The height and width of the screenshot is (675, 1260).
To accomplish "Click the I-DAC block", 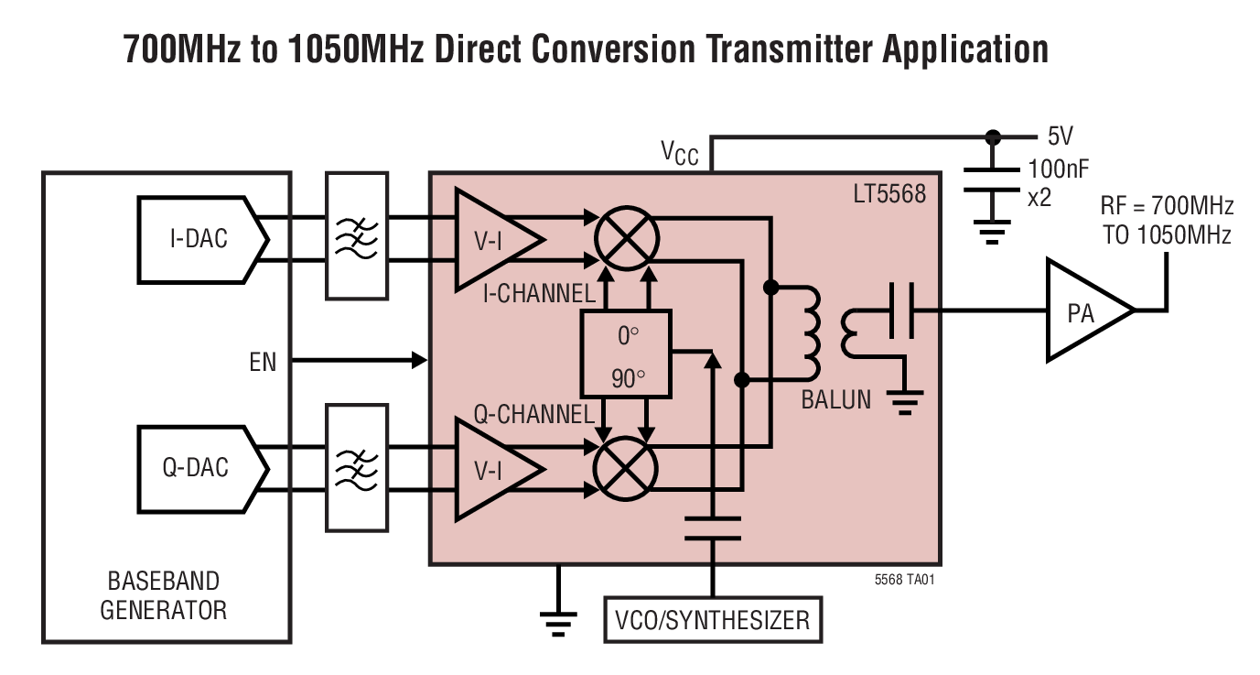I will tap(199, 238).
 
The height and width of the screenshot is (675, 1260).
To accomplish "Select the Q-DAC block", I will tap(199, 467).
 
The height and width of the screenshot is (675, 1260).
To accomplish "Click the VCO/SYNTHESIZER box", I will tap(712, 620).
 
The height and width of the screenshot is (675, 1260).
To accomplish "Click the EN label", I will tap(263, 362).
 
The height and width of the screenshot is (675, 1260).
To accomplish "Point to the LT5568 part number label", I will tap(896, 194).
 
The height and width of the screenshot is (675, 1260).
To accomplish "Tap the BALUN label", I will tap(835, 399).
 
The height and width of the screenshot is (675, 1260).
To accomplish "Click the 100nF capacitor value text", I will tap(1058, 167).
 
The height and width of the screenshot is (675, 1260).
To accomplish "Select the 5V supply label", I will tap(1060, 137).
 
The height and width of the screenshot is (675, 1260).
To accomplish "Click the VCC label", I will tap(679, 152).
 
